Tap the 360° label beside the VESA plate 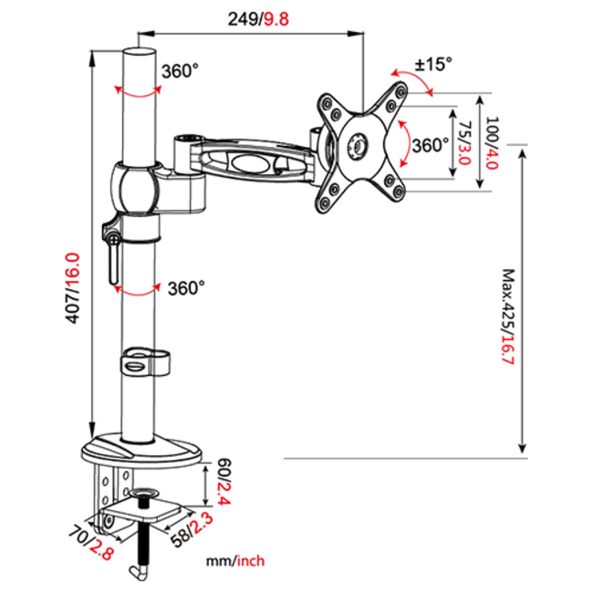click(x=429, y=145)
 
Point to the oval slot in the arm click(x=247, y=163)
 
